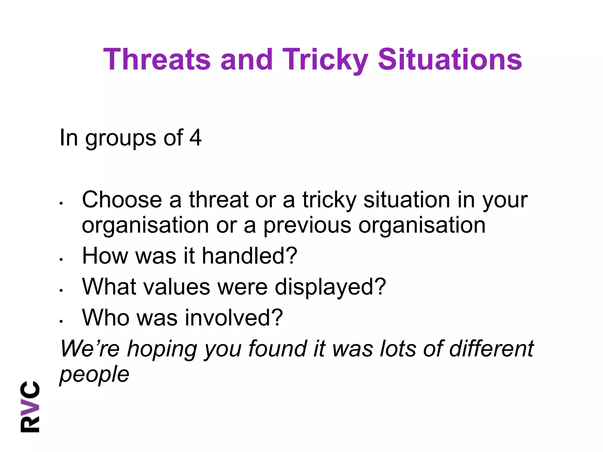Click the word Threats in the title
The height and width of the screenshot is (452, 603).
(x=157, y=60)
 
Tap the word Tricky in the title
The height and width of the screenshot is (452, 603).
(x=325, y=60)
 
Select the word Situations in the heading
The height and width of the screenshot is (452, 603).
(x=450, y=60)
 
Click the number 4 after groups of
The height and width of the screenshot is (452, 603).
(x=196, y=137)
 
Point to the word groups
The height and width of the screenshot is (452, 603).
(x=121, y=138)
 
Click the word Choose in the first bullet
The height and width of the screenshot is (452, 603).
(x=122, y=200)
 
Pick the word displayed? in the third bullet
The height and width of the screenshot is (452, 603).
(x=330, y=287)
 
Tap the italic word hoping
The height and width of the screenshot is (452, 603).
(x=162, y=349)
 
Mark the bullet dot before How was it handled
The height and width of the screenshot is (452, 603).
(x=61, y=260)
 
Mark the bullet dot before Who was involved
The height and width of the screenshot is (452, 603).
(x=61, y=321)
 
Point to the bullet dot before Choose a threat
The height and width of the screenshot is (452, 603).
(x=61, y=203)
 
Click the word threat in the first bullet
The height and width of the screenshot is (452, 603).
(x=218, y=200)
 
